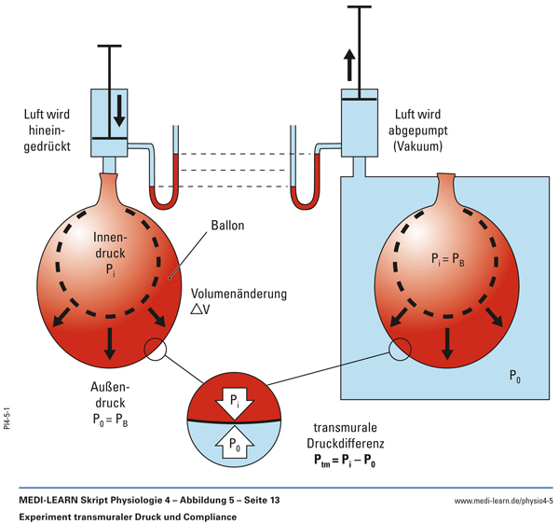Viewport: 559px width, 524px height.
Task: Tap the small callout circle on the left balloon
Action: [x=155, y=350]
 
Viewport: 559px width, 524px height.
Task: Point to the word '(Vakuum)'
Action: [x=421, y=147]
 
